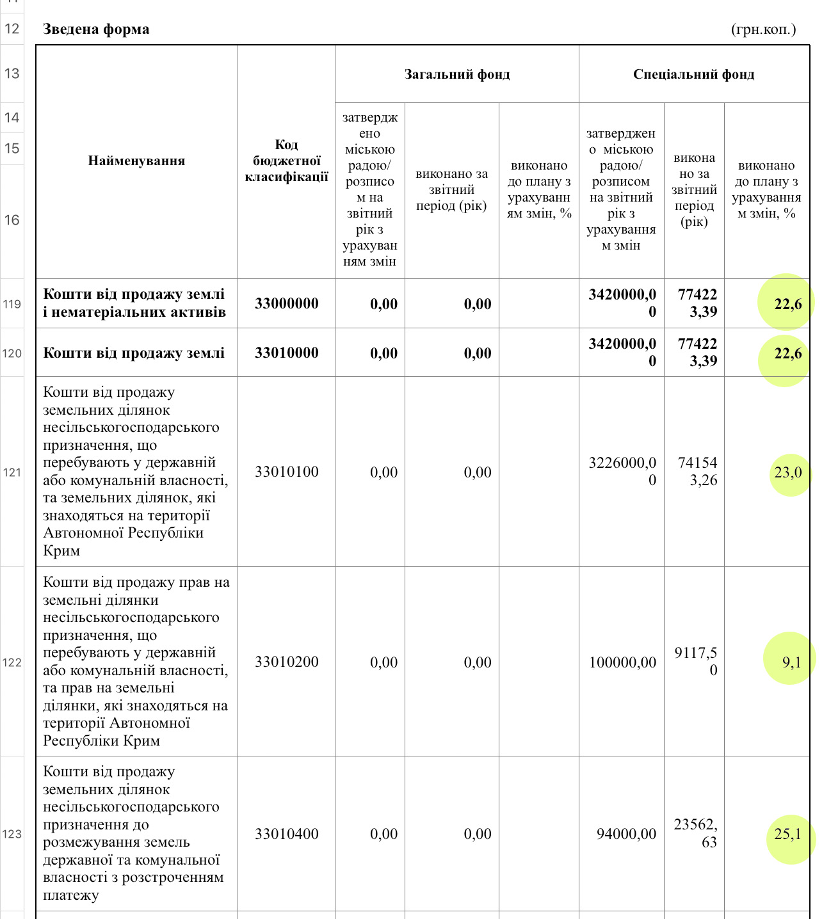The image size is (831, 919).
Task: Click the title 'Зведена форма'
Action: [x=96, y=29]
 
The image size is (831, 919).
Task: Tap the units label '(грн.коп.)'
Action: [x=763, y=29]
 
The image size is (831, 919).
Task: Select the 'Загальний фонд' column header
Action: [x=457, y=74]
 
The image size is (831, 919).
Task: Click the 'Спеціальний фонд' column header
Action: [x=693, y=74]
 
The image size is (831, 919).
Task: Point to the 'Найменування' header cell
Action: [x=136, y=161]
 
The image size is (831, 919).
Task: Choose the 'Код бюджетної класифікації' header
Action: [x=286, y=161]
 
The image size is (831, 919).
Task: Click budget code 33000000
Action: [x=286, y=303]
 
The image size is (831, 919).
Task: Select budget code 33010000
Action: [x=286, y=353]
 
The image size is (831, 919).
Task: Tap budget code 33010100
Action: [x=286, y=472]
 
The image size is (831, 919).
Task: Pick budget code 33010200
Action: [x=286, y=662]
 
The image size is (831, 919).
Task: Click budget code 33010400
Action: [x=286, y=834]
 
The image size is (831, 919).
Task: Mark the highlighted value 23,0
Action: [x=787, y=472]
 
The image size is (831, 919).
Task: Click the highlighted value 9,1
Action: [x=791, y=662]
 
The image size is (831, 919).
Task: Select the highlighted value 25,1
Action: [x=787, y=834]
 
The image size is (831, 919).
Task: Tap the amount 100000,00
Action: [x=622, y=662]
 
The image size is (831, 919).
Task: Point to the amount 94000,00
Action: [x=626, y=834]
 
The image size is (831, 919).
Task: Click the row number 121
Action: [x=12, y=472]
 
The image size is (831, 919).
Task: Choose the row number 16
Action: [x=12, y=220]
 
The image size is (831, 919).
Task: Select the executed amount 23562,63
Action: [x=695, y=833]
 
